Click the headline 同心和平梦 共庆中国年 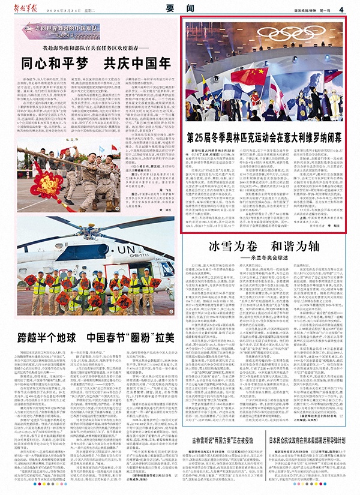[x=92, y=61]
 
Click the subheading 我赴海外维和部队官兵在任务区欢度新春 [x=92, y=46]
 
